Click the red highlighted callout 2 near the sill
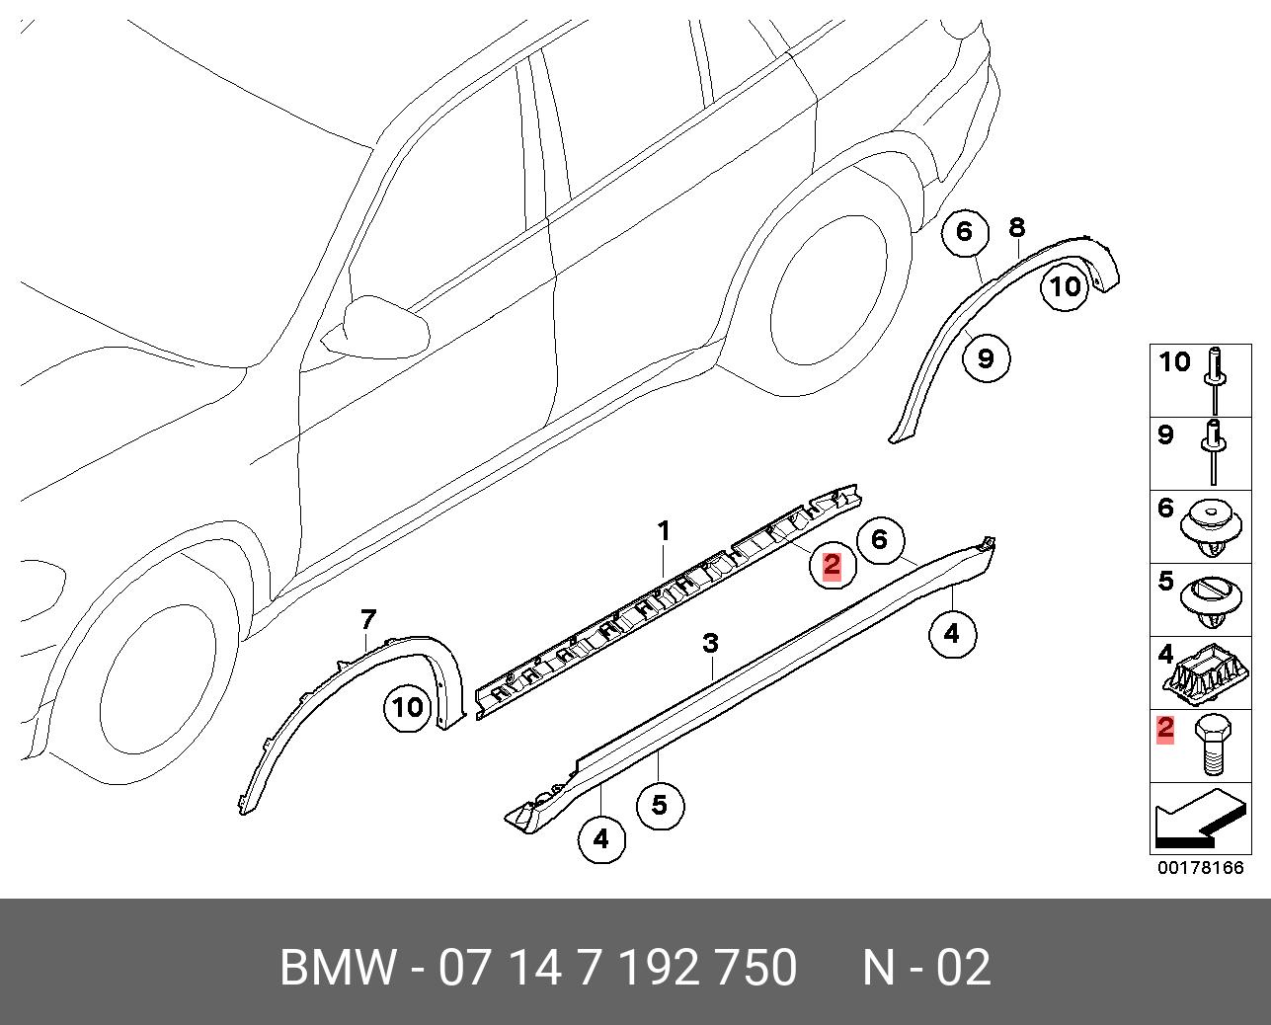pyautogui.click(x=832, y=565)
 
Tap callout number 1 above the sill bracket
pyautogui.click(x=665, y=531)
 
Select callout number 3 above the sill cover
pyautogui.click(x=710, y=644)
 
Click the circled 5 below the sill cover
pyautogui.click(x=660, y=805)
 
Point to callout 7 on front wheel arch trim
pyautogui.click(x=367, y=620)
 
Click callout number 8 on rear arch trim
pyautogui.click(x=1017, y=228)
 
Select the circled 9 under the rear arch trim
pyautogui.click(x=986, y=357)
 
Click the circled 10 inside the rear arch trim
pyautogui.click(x=1066, y=286)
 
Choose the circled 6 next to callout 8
pyautogui.click(x=965, y=232)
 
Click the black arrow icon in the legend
pyautogui.click(x=1196, y=821)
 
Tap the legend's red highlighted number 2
pyautogui.click(x=1166, y=730)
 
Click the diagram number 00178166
pyautogui.click(x=1200, y=869)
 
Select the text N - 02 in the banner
pyautogui.click(x=925, y=968)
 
